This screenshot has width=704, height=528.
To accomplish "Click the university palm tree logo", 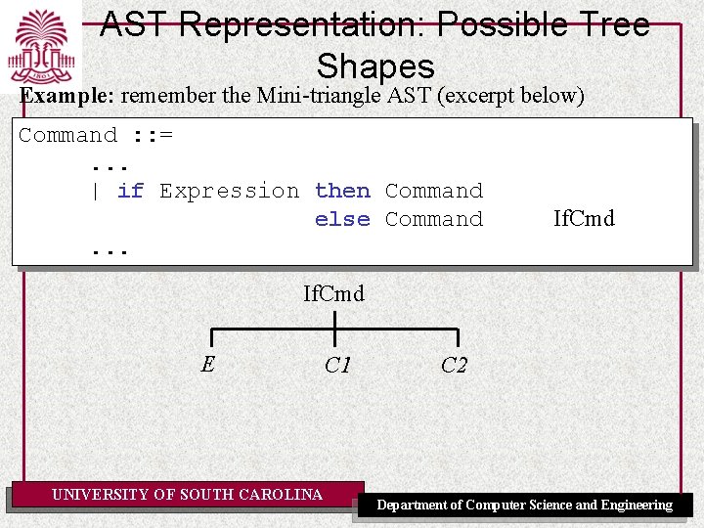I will [42, 46].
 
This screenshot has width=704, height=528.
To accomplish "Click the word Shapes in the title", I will [375, 66].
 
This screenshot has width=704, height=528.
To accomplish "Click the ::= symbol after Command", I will [153, 135].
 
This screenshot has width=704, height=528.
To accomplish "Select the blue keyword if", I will [130, 191].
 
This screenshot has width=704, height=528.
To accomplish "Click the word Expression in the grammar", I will [229, 191].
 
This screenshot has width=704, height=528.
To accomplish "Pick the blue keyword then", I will [342, 191].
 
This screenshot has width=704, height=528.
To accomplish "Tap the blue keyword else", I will [342, 219].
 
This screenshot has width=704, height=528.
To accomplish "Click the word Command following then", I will [434, 191].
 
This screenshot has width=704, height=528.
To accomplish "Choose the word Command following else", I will [434, 219].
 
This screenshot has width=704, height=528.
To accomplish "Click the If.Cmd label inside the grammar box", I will [584, 218].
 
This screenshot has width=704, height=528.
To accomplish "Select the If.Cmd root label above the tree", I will [333, 293].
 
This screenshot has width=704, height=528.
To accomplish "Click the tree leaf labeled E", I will [207, 365].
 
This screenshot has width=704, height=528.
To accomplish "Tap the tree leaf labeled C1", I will [337, 366].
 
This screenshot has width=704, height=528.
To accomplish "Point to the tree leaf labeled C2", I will [454, 366].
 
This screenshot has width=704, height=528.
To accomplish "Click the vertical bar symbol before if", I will [95, 192].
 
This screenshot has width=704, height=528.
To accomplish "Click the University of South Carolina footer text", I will [187, 495].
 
